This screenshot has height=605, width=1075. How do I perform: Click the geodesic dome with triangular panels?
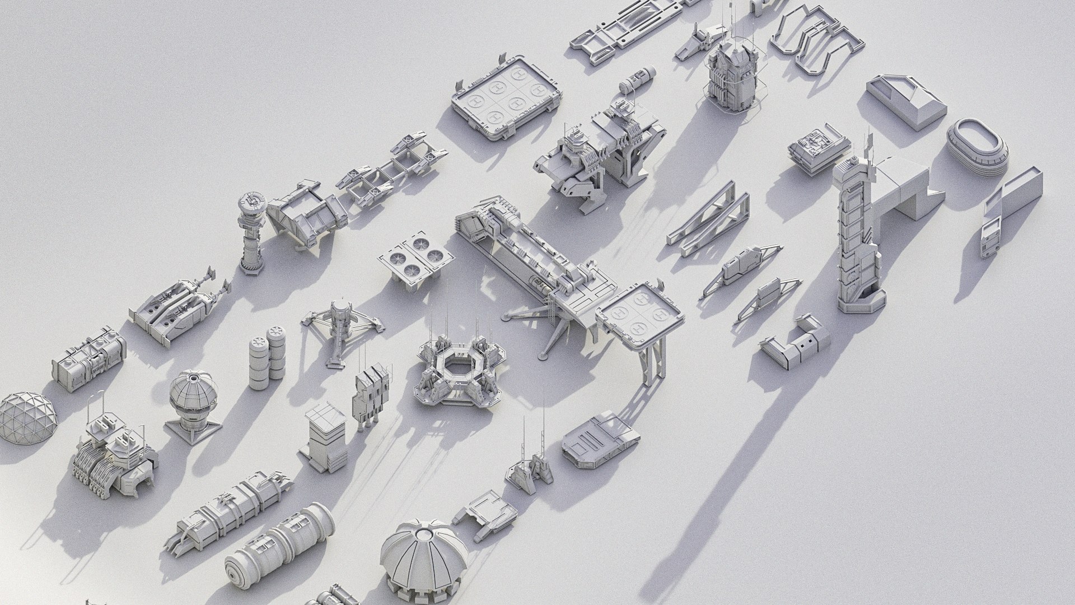[x=28, y=418]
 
